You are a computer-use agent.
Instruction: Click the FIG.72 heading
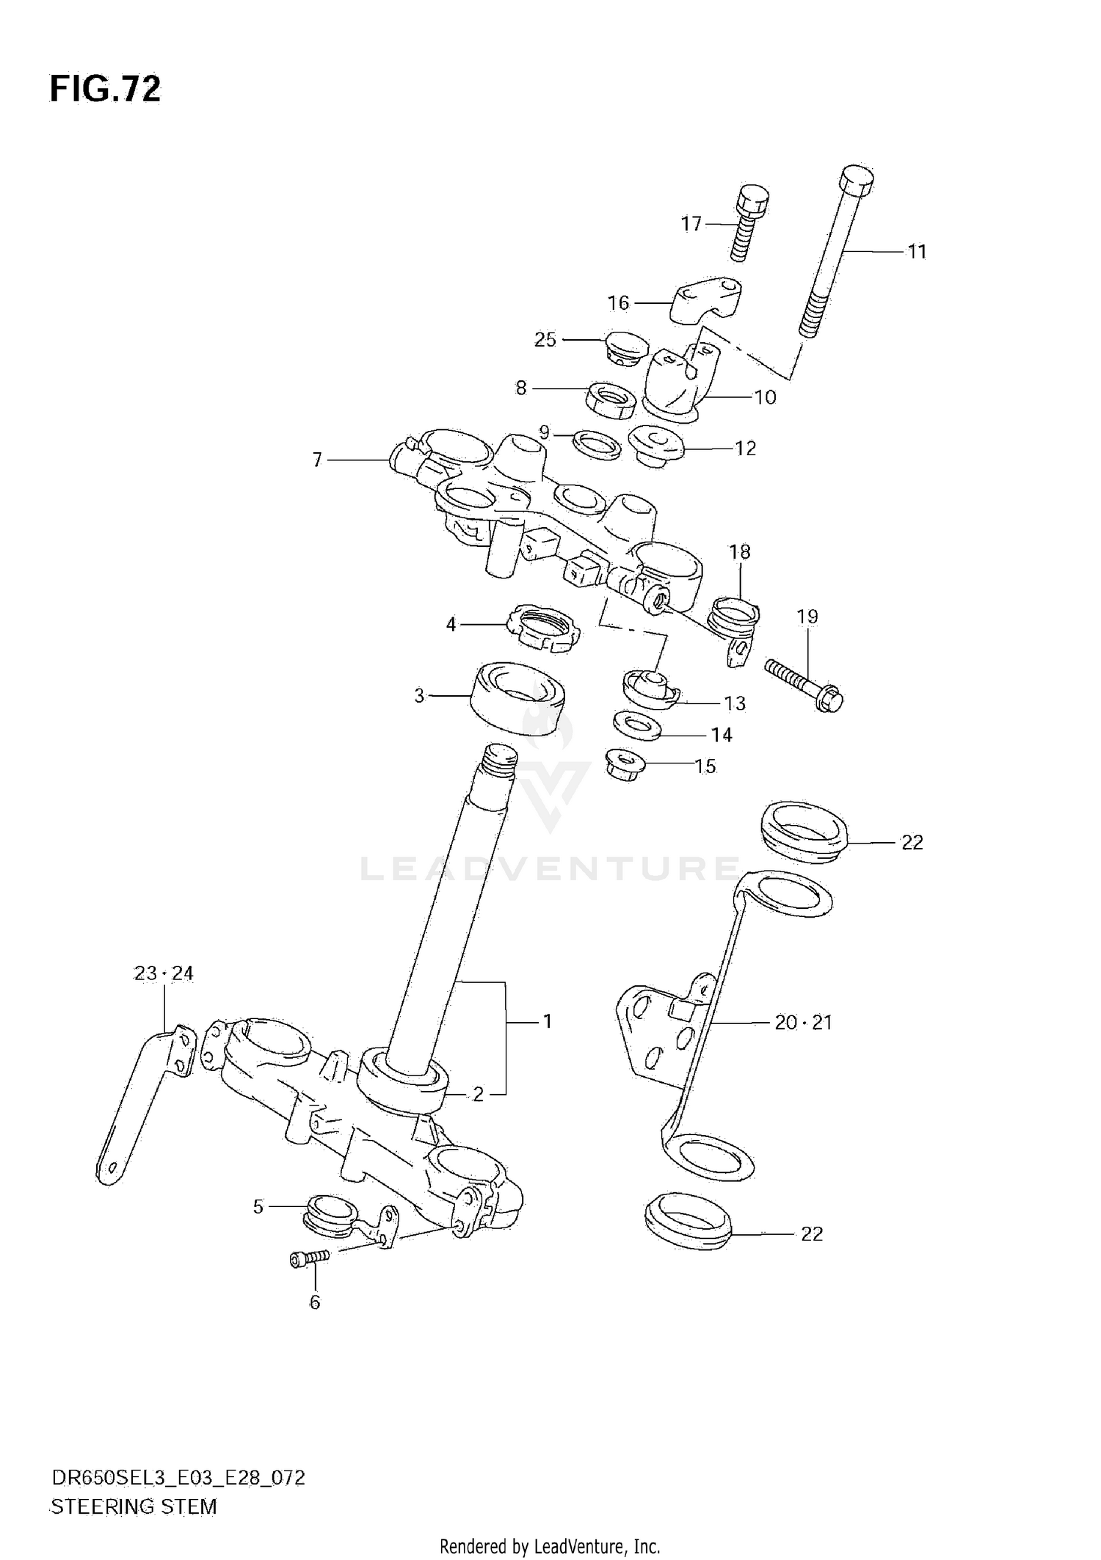(x=105, y=90)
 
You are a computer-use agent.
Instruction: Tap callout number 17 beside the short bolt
(x=691, y=224)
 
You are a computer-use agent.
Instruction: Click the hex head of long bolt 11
(x=856, y=178)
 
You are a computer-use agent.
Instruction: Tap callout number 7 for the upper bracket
(x=317, y=460)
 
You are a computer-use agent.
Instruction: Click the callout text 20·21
(x=803, y=1022)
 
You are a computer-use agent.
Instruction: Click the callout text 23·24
(x=164, y=973)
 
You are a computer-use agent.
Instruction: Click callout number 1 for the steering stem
(x=546, y=1021)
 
